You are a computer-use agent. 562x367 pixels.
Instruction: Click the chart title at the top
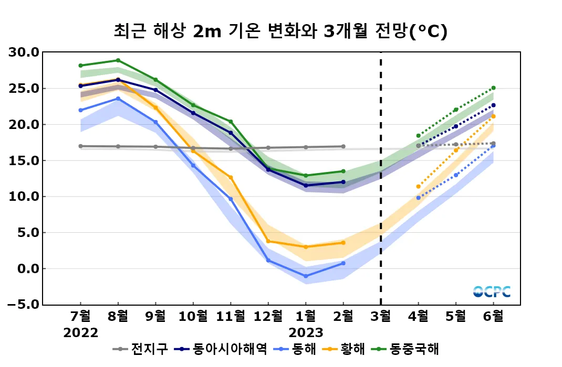click(x=280, y=31)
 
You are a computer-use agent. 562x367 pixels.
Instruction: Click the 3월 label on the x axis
click(x=381, y=317)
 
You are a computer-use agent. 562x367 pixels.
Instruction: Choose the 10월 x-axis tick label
click(x=193, y=317)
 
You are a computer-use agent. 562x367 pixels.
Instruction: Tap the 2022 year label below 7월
click(x=80, y=333)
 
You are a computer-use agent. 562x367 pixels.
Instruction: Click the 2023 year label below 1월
click(x=306, y=333)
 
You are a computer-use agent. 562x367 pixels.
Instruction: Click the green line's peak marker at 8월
click(x=118, y=60)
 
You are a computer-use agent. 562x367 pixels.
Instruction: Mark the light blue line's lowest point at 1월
click(x=306, y=276)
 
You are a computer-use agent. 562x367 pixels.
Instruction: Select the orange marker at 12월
click(x=268, y=241)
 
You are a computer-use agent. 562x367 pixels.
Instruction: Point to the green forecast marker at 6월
click(x=494, y=88)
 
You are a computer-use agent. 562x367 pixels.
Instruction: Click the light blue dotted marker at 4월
click(x=418, y=198)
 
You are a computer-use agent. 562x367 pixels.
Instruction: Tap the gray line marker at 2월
click(x=344, y=146)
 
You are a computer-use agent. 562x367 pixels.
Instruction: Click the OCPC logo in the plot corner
click(x=492, y=292)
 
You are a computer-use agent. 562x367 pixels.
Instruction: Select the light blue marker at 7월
click(x=80, y=110)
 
